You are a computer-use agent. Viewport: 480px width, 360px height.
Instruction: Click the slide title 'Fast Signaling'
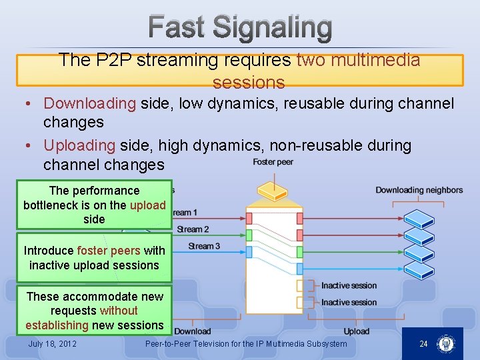(240, 28)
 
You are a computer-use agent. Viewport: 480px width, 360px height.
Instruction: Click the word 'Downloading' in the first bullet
(89, 103)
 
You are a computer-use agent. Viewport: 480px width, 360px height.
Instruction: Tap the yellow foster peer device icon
(273, 190)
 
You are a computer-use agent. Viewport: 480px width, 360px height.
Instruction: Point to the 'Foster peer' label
(273, 162)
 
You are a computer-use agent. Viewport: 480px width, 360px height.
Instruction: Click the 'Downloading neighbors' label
(419, 190)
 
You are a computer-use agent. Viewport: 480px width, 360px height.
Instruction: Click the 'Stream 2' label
(193, 229)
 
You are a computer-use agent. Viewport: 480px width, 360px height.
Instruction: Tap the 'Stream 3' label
(204, 246)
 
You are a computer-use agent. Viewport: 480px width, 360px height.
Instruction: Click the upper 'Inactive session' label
(349, 285)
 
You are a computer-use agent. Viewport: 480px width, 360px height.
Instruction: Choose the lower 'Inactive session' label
(349, 302)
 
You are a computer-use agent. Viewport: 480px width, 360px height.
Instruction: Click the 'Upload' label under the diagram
(356, 331)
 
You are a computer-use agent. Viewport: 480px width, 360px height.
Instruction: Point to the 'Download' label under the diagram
(192, 331)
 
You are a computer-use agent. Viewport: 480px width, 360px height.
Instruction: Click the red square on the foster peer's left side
(249, 218)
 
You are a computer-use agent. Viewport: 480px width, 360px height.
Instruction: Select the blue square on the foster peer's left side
(249, 252)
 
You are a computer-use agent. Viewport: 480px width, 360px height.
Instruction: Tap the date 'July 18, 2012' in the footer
(52, 344)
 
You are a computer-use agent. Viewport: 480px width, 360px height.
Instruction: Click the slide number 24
(423, 344)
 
